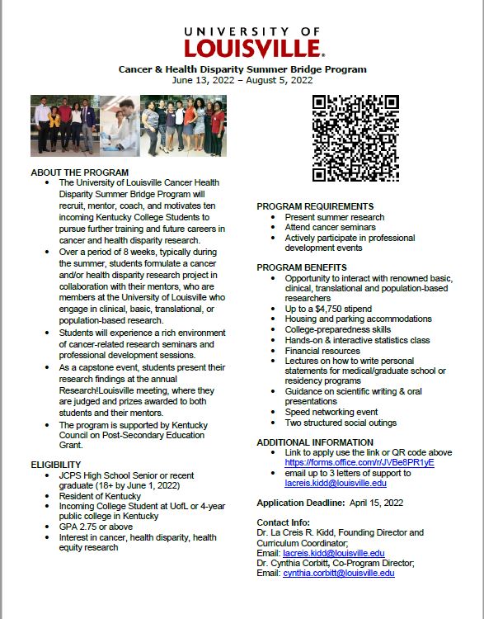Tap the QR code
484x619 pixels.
(355, 138)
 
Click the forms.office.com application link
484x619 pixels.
(359, 462)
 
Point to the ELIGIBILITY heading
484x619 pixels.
(55, 465)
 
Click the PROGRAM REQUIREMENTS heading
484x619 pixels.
(315, 206)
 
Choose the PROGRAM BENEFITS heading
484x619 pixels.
(301, 267)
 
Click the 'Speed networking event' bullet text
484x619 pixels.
(331, 412)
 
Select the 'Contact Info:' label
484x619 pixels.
(284, 522)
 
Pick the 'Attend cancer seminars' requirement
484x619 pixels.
(330, 227)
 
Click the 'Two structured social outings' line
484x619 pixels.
(341, 423)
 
